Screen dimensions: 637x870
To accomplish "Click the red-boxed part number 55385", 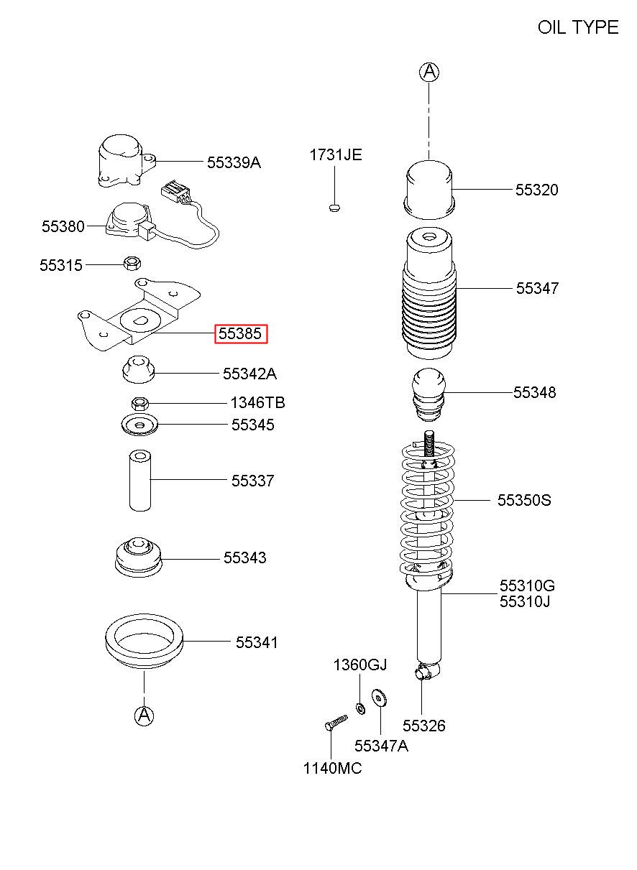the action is pos(241,333).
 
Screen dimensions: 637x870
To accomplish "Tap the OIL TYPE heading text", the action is pos(578,27).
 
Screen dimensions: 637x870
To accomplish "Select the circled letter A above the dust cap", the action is pos(429,72).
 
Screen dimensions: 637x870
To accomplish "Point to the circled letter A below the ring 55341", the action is pos(144,715).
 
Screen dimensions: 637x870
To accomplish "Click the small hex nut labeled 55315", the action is pos(132,264).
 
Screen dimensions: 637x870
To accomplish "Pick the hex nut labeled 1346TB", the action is pos(140,404).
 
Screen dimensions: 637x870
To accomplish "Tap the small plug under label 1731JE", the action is pos(334,207).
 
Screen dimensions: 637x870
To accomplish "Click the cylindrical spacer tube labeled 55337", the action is pos(140,481).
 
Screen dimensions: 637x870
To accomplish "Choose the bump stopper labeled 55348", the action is pos(429,394).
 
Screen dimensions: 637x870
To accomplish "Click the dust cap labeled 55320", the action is pos(429,189).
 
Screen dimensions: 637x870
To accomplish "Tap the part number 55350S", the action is pos(524,500).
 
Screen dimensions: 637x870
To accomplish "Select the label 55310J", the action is pos(525,601).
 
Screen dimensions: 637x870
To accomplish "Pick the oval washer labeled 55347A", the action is pos(380,699).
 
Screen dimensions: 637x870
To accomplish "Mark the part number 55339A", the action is pos(234,163).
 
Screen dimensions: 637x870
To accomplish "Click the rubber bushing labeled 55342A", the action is pos(138,369).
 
